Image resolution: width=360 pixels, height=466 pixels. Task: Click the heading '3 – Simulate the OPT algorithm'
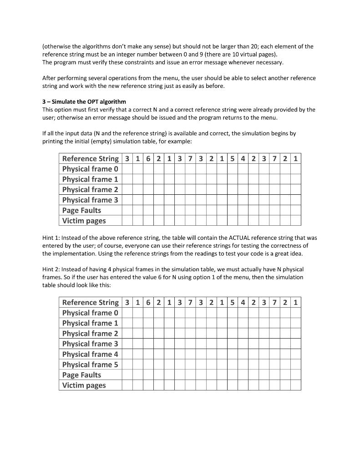pyautogui.click(x=84, y=101)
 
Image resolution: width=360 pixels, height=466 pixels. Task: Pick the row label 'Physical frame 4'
pyautogui.click(x=90, y=354)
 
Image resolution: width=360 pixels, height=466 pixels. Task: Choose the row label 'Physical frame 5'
pyautogui.click(x=90, y=365)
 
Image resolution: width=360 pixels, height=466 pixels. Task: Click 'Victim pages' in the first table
pyautogui.click(x=84, y=221)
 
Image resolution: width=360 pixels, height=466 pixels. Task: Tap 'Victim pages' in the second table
pyautogui.click(x=84, y=385)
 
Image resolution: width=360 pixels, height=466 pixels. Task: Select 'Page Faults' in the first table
pyautogui.click(x=81, y=210)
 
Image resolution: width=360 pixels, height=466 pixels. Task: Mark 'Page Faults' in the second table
pyautogui.click(x=81, y=375)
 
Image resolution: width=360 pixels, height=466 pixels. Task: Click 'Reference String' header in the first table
pyautogui.click(x=90, y=158)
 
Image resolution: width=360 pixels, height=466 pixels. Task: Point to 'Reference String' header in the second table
pyautogui.click(x=90, y=302)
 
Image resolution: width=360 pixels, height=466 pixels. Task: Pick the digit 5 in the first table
pyautogui.click(x=232, y=158)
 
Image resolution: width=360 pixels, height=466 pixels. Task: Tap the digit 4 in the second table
pyautogui.click(x=243, y=302)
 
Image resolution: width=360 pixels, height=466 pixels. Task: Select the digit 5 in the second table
pyautogui.click(x=232, y=302)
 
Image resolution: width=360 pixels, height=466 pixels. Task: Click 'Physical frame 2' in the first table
pyautogui.click(x=90, y=189)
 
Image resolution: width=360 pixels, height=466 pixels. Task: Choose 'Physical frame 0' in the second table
pyautogui.click(x=90, y=313)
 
